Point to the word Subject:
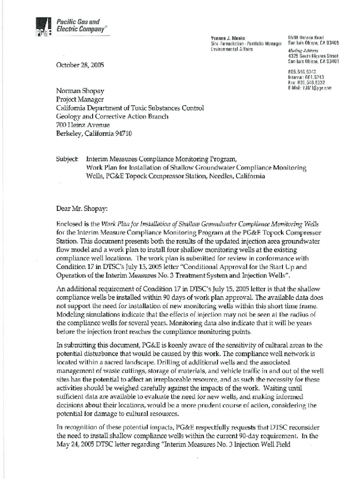pyautogui.click(x=67, y=160)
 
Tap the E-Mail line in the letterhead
pyautogui.click(x=310, y=87)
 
